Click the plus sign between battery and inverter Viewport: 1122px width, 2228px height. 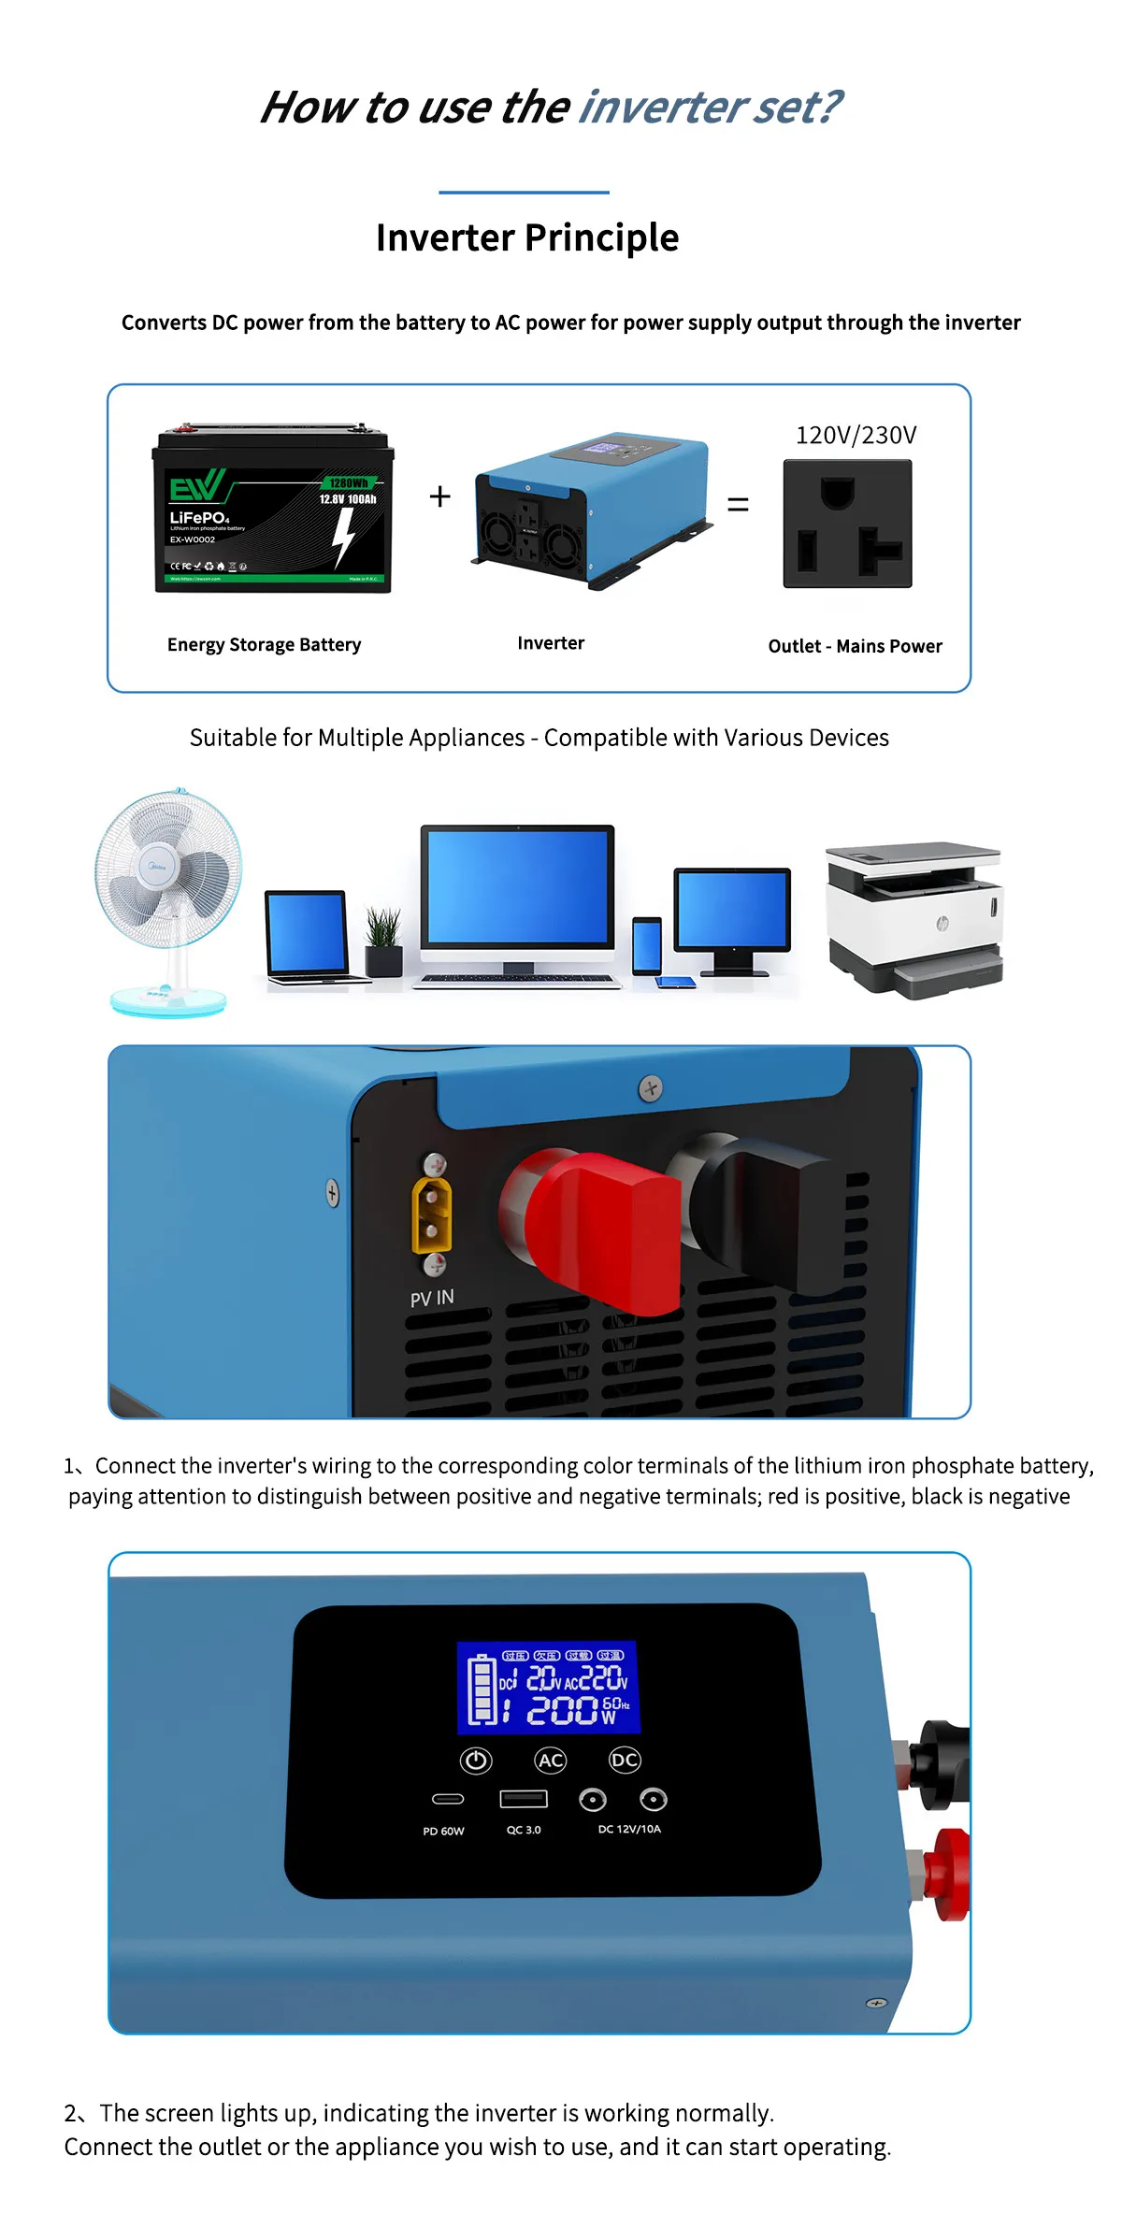pos(439,496)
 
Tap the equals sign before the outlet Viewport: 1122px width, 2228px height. pos(738,505)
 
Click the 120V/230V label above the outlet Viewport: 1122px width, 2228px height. pos(856,436)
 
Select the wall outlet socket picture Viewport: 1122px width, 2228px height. pos(847,524)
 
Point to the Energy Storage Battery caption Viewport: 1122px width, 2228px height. pos(264,645)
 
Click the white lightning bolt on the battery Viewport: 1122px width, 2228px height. pos(344,538)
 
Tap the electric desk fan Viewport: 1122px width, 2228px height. pos(169,898)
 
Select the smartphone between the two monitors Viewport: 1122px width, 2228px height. pos(646,945)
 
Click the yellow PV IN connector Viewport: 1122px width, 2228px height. pos(432,1215)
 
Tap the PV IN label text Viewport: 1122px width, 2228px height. pos(432,1298)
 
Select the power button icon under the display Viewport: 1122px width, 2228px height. pos(476,1761)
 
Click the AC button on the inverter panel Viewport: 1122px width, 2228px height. pos(551,1761)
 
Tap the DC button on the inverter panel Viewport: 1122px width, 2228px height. pos(625,1761)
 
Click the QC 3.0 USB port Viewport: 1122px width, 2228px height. pos(524,1799)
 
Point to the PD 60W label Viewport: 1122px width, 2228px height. pos(443,1832)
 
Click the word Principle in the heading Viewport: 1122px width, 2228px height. pos(602,238)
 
